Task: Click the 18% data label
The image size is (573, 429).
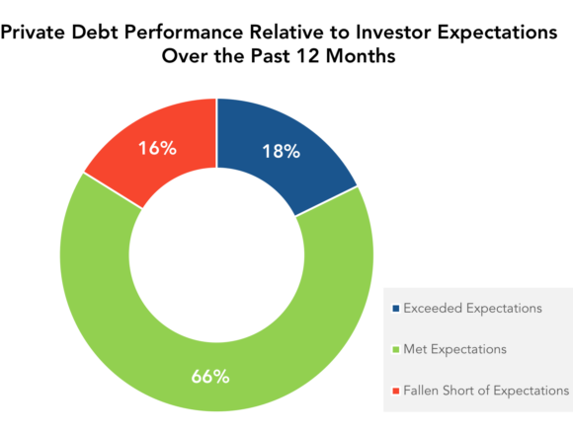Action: tap(281, 151)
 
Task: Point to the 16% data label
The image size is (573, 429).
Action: tap(157, 148)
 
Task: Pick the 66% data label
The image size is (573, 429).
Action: tap(210, 376)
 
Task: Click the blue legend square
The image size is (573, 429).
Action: tap(395, 309)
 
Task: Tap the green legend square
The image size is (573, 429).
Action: tap(395, 350)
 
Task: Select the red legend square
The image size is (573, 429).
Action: tap(395, 392)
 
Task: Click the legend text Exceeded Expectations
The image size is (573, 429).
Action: tap(472, 309)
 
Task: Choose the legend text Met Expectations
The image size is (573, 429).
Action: tap(455, 349)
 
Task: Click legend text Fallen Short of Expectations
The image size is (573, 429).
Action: tap(486, 391)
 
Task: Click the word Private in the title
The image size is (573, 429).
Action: tap(33, 32)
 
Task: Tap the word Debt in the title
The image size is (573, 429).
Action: tap(96, 32)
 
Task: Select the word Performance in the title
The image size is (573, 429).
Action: tap(184, 32)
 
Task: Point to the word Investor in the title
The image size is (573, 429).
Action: tap(393, 32)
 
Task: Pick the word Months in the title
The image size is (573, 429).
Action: tap(361, 56)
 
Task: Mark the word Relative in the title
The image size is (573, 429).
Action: tap(286, 32)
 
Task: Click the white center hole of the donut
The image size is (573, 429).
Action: tap(216, 255)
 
